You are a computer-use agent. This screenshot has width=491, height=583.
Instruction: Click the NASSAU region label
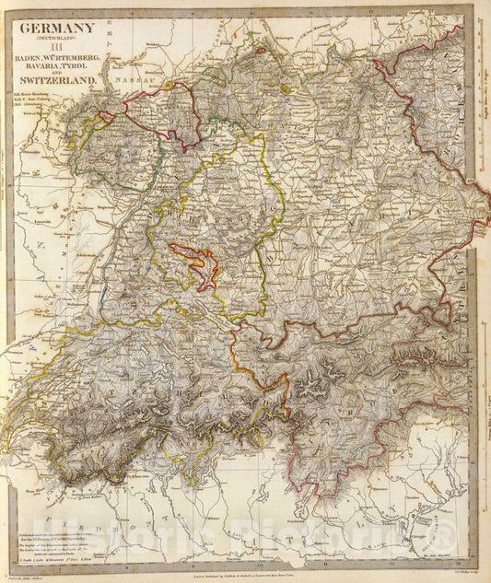point(138,79)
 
